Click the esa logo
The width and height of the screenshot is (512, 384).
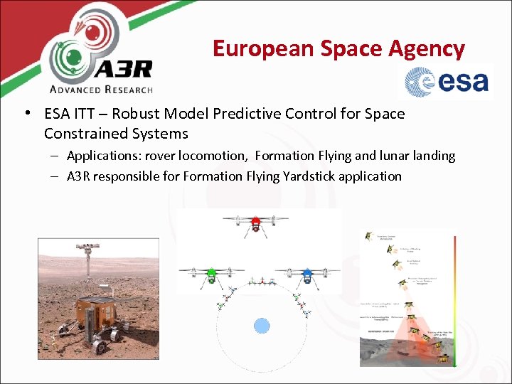point(448,82)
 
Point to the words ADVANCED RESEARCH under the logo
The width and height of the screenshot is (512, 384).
point(101,90)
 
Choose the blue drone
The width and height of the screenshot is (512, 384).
point(306,274)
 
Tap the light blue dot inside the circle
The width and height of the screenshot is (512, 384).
point(262,326)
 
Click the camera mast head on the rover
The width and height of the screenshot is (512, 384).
point(89,250)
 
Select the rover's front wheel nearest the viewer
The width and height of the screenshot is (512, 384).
point(100,344)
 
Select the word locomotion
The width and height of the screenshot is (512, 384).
point(213,156)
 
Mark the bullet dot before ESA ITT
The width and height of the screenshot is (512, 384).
point(26,114)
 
